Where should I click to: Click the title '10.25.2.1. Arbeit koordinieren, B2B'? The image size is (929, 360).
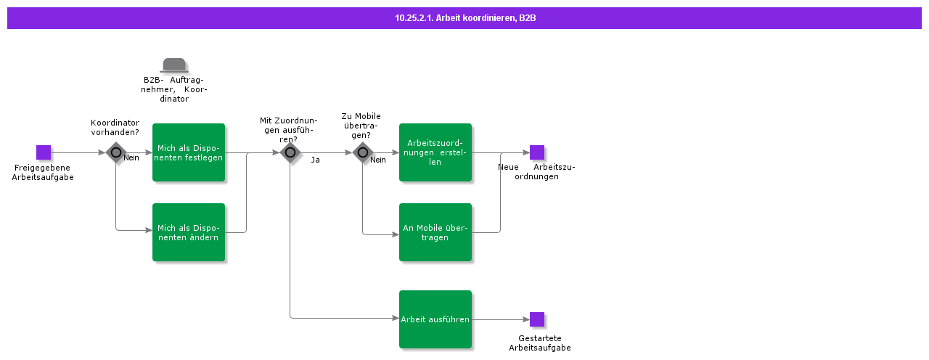464,18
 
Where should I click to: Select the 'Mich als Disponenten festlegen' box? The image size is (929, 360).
189,152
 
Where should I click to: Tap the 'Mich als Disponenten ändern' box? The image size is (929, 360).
189,232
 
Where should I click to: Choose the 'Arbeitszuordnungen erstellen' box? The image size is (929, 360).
435,152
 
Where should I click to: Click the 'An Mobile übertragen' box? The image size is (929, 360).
435,232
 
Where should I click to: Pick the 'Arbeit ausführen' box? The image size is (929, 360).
435,319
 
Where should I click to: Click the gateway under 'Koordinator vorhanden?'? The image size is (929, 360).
116,152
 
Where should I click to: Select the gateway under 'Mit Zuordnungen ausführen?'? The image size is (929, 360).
290,152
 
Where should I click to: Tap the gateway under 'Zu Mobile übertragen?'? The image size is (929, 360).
363,152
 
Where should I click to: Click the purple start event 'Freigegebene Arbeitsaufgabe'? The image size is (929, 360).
44,152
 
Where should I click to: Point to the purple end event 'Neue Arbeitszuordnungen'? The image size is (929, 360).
537,152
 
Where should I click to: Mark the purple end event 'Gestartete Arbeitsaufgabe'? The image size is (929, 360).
537,319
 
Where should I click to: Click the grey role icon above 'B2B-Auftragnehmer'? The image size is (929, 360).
174,65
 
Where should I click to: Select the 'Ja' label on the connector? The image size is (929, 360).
315,160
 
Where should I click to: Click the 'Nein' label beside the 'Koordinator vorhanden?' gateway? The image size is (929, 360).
131,157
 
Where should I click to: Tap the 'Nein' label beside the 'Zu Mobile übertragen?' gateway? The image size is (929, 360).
378,160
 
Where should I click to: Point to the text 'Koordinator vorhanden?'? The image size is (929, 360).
115,127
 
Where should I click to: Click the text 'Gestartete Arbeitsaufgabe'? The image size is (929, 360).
540,343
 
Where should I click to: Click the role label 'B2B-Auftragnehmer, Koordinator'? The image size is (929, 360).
174,89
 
